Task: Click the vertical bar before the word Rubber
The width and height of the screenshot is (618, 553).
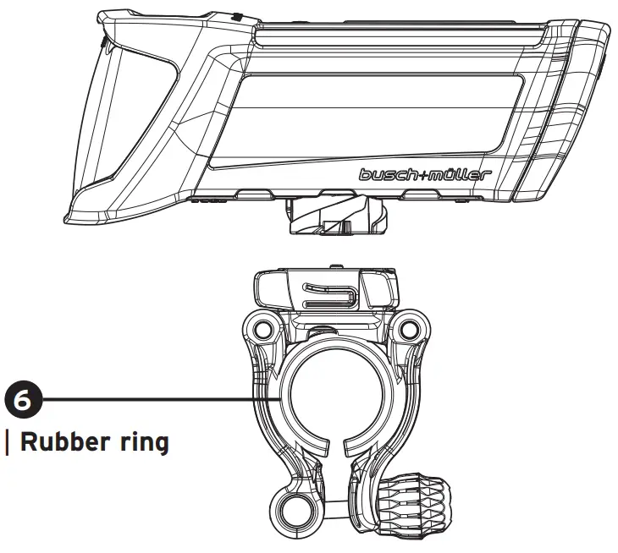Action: pos(8,443)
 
